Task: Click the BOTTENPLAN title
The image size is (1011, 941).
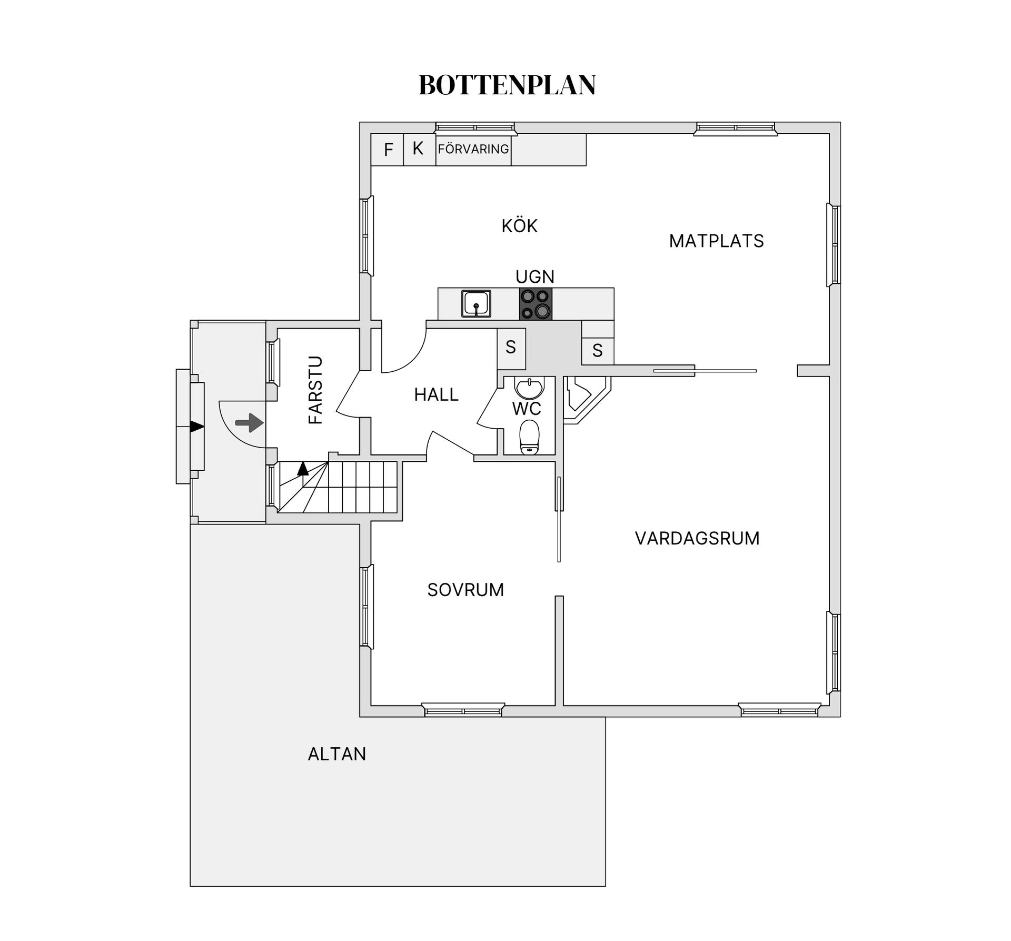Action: tap(507, 85)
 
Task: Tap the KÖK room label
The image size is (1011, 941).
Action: tap(519, 225)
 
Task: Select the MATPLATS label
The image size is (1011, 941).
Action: tap(716, 241)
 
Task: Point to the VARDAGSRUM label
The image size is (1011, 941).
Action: tap(697, 538)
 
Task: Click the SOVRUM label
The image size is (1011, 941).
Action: tap(465, 590)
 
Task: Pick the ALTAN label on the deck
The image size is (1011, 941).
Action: tap(337, 754)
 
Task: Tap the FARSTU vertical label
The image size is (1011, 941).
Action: tap(315, 390)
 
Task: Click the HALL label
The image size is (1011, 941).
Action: tap(436, 394)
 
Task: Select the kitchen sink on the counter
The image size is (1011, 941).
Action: tap(476, 304)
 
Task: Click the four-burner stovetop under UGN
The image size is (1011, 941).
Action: tap(536, 304)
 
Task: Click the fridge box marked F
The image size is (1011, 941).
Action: tap(387, 150)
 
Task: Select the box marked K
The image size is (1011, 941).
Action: tap(420, 150)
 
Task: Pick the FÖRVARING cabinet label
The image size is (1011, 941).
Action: tap(473, 149)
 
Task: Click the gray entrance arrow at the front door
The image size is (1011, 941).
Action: tap(249, 422)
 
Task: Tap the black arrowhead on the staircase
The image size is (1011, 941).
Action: tap(303, 469)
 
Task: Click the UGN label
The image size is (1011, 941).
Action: tap(535, 277)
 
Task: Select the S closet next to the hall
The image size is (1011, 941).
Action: tap(511, 348)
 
